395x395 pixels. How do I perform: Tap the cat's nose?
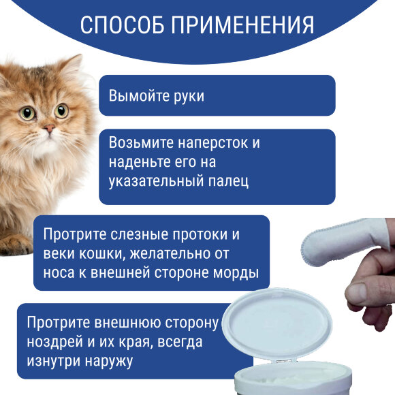pyautogui.click(x=48, y=129)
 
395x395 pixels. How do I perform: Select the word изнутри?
pyautogui.click(x=52, y=359)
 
